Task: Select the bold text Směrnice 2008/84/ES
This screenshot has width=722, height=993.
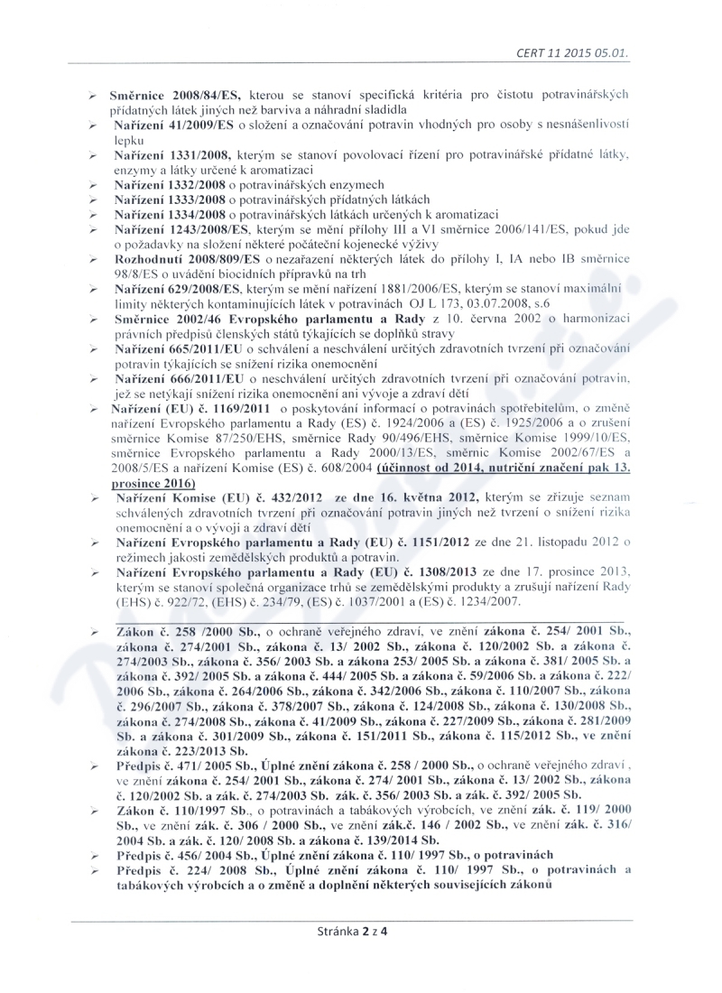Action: tap(168, 94)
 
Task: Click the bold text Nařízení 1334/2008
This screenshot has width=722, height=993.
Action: tap(168, 215)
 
